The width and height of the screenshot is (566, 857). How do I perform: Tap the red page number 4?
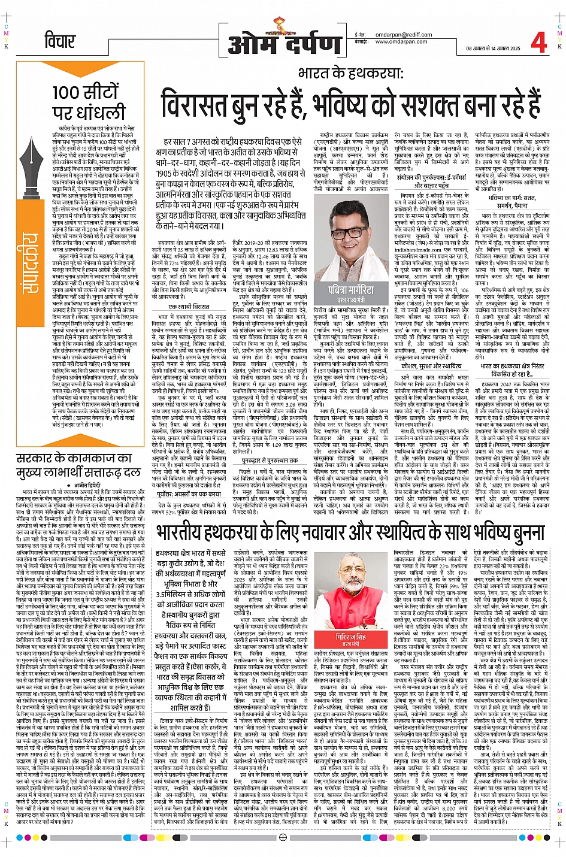tap(538, 43)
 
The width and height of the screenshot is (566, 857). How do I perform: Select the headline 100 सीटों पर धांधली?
tap(88, 102)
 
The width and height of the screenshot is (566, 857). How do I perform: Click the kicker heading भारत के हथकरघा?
tap(350, 73)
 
